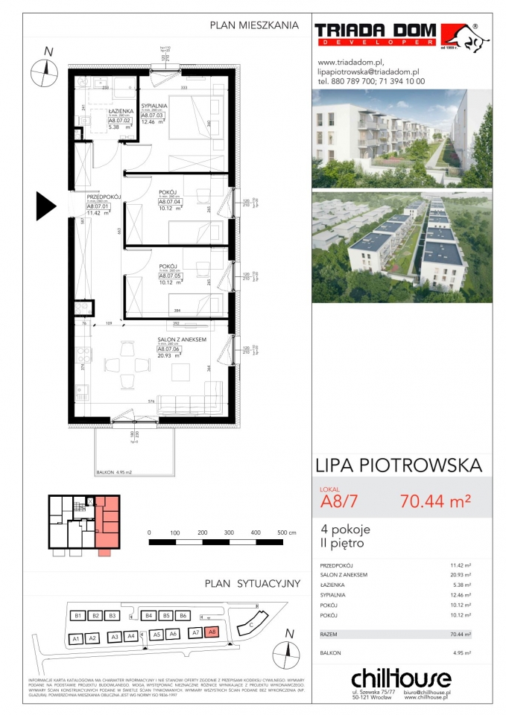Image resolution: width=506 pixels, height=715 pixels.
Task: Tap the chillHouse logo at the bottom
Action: coord(400,679)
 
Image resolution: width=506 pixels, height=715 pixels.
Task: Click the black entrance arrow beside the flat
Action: coord(46,203)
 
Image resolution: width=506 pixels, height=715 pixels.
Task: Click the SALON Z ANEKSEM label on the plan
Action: coord(182,338)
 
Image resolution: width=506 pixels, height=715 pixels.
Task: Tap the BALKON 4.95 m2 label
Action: coord(113,472)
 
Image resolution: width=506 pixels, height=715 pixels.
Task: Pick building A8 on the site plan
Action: coord(211,632)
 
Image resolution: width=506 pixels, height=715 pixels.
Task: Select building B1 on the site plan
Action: coord(77,616)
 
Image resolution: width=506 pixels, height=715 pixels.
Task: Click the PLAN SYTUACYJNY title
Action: coord(253,582)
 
